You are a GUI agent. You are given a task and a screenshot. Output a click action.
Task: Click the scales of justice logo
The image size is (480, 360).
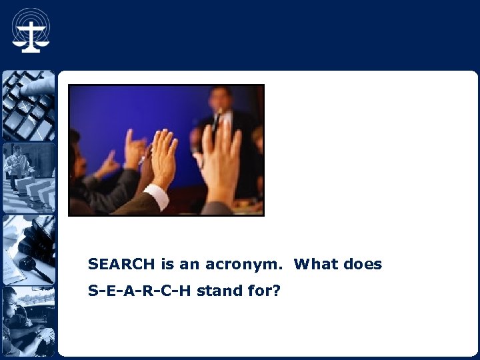coord(31,30)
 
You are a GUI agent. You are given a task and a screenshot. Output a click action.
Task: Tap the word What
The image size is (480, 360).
coord(317,264)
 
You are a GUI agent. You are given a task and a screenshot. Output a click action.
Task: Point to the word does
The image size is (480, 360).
coord(363,264)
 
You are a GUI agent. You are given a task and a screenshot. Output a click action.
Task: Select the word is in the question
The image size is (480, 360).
coord(167,264)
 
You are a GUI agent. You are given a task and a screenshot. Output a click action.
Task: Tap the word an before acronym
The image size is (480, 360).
coord(189,264)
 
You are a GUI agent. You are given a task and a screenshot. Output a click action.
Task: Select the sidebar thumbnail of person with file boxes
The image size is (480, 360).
coord(28,177)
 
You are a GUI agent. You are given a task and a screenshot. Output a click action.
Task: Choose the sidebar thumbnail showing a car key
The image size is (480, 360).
coord(28,249)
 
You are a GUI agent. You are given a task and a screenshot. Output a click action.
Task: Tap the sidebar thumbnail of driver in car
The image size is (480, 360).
coord(28,321)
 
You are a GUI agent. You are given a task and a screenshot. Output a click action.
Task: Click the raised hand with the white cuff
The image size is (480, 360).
coord(163,160)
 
